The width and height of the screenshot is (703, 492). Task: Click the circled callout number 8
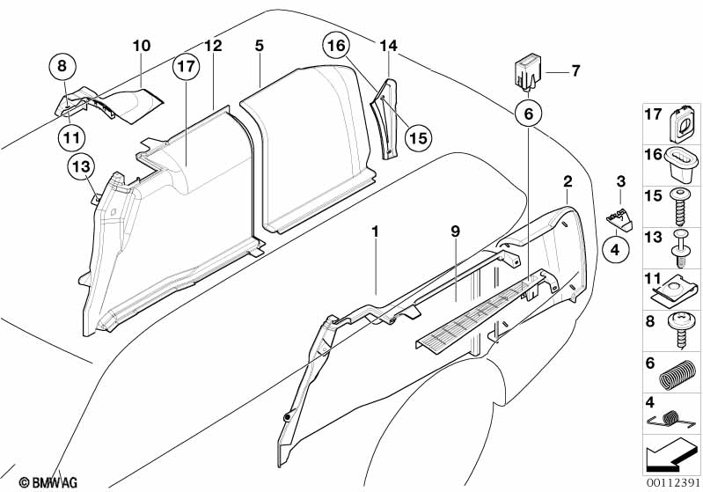point(62,66)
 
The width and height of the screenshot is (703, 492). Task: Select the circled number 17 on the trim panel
point(186,66)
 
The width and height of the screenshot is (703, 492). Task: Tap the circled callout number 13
point(82,167)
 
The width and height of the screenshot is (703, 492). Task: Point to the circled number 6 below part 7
point(529,114)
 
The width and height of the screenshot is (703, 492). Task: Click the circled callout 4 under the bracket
point(616,250)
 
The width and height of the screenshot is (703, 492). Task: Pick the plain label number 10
point(142,46)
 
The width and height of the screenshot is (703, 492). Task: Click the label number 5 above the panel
point(260,46)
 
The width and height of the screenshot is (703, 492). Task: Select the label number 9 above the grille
point(456,231)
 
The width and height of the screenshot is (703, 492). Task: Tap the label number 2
point(568,181)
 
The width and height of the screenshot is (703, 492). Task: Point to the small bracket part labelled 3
point(619,219)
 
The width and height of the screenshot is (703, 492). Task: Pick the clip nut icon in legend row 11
point(674,291)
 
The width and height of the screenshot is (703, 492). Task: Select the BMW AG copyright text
point(48,482)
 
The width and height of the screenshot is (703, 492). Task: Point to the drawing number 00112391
point(673,482)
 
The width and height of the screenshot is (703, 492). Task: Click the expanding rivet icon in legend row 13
point(681,248)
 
